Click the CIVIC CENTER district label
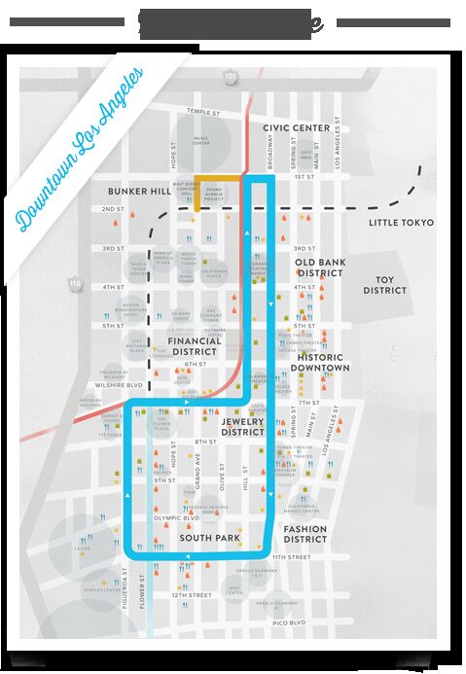296,127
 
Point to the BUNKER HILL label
141,191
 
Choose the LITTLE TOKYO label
401,223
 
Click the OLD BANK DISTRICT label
319,267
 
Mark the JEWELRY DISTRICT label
243,425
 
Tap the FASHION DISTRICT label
305,535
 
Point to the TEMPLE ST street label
205,111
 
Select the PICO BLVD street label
290,621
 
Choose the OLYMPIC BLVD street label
176,518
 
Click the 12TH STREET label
191,593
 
